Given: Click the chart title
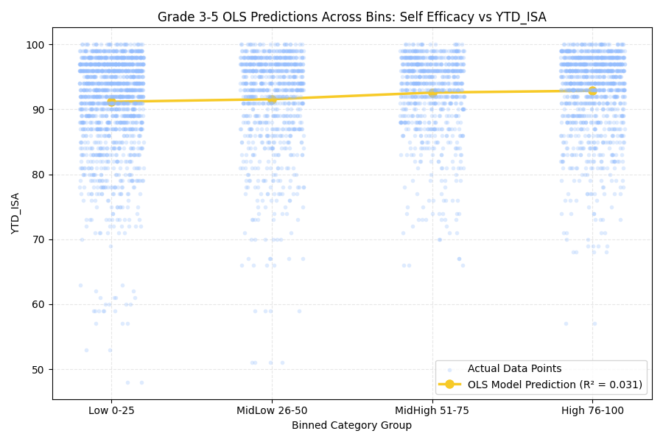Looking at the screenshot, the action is pyautogui.click(x=352, y=17).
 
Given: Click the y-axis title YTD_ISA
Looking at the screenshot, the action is pyautogui.click(x=15, y=213).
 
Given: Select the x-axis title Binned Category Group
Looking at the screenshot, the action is pyautogui.click(x=352, y=425).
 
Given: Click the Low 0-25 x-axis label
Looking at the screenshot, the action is pyautogui.click(x=111, y=411).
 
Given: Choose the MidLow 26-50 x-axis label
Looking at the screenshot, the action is pyautogui.click(x=272, y=411).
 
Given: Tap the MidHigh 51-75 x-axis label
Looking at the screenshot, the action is pyautogui.click(x=432, y=411).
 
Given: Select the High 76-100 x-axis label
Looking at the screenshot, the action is pyautogui.click(x=592, y=411).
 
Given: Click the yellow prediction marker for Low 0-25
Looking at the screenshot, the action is pyautogui.click(x=111, y=102).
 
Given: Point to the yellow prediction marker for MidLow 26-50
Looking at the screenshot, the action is pyautogui.click(x=272, y=100).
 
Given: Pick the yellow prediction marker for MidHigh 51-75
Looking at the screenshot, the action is pyautogui.click(x=432, y=93).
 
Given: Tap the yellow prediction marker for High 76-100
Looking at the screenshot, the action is pyautogui.click(x=592, y=91).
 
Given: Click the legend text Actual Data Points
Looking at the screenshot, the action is pyautogui.click(x=514, y=368).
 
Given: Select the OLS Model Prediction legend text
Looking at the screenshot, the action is pyautogui.click(x=555, y=385).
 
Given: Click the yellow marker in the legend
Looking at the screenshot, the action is pyautogui.click(x=449, y=385).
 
